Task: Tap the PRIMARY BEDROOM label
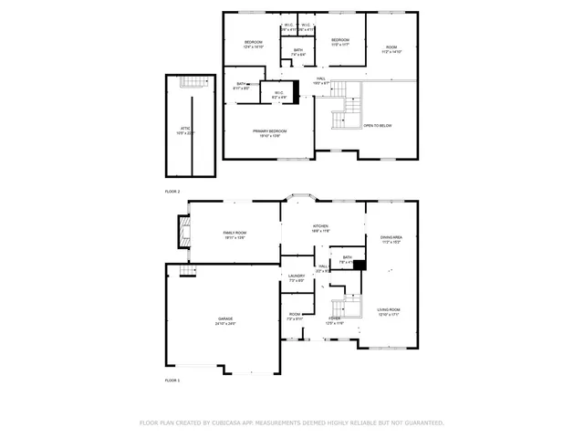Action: [270, 131]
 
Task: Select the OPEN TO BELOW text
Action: [378, 125]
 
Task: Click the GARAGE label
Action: [224, 318]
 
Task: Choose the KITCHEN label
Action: [320, 226]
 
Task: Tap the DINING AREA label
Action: [391, 238]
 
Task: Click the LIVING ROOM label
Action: [390, 309]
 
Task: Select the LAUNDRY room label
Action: [297, 276]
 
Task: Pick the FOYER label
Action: [334, 318]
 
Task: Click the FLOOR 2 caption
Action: [172, 192]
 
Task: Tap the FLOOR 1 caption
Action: [172, 379]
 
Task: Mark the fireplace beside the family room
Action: [185, 231]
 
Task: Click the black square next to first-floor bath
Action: [360, 266]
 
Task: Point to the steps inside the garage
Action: [187, 270]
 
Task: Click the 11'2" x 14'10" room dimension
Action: [391, 52]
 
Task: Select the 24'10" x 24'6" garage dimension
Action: [224, 324]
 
